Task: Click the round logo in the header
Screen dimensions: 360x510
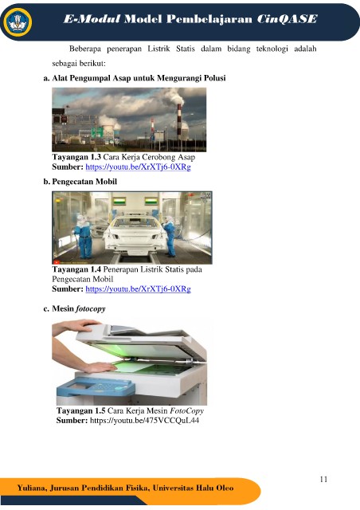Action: [18, 22]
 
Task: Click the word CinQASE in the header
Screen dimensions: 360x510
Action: [287, 19]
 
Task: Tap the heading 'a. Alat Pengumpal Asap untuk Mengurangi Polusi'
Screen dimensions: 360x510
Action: [135, 78]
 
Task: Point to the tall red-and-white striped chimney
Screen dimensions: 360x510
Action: [179, 122]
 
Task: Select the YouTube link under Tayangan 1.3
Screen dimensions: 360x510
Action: [138, 167]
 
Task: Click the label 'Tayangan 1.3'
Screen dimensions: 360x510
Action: [76, 157]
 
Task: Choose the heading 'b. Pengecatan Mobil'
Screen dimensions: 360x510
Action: [80, 182]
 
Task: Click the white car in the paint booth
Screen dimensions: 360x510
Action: [134, 234]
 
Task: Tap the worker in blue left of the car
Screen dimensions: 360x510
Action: [83, 236]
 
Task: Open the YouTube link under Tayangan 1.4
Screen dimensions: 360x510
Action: [138, 288]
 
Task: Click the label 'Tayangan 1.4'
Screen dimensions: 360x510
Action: [76, 269]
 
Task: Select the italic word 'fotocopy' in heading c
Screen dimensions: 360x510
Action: [91, 308]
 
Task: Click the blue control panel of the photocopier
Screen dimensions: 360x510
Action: [96, 387]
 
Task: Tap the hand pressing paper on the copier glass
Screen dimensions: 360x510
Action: [94, 367]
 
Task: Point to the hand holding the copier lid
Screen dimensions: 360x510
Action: [78, 326]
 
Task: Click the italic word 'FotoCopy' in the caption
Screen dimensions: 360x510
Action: [186, 411]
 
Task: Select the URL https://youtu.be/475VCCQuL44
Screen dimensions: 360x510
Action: [144, 421]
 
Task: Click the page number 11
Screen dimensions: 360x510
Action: [323, 479]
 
